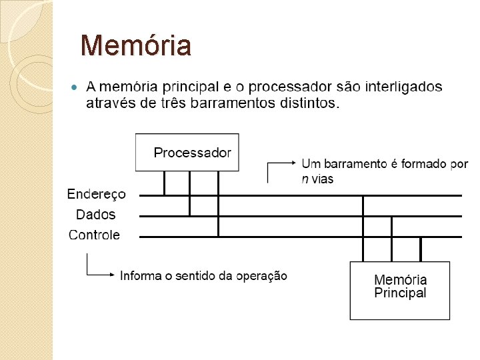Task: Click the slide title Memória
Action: tap(135, 46)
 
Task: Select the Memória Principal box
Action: tap(400, 290)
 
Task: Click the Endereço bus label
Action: tap(96, 194)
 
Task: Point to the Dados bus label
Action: tap(95, 215)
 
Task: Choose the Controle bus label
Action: tap(95, 235)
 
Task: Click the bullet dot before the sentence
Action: tap(74, 87)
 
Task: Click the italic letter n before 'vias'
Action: tap(305, 179)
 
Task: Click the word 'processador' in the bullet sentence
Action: tap(289, 87)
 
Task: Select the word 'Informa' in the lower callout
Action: tap(139, 275)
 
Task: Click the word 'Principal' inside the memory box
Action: tap(400, 293)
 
